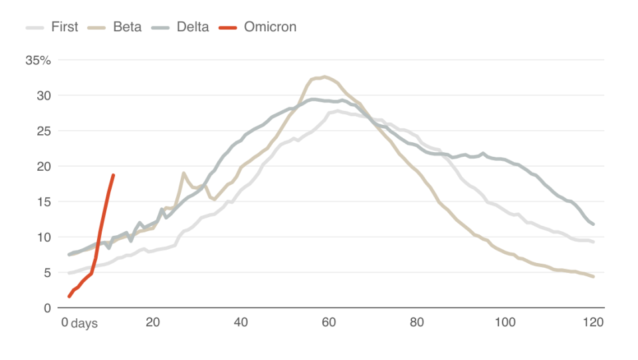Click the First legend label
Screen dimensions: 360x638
click(64, 27)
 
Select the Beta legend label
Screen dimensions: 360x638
click(127, 27)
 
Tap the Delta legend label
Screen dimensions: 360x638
click(193, 27)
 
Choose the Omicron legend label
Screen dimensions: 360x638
click(270, 27)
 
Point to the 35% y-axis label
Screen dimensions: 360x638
click(38, 60)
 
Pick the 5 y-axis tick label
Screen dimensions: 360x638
click(47, 272)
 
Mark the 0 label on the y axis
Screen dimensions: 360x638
click(47, 308)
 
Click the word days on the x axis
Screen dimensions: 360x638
click(84, 323)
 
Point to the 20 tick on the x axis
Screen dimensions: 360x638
click(154, 323)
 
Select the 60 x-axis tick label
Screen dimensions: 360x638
click(329, 323)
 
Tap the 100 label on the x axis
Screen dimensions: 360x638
click(505, 323)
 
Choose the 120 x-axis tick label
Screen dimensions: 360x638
click(593, 323)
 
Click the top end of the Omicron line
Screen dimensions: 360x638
click(114, 175)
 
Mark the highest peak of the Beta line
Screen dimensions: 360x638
click(324, 76)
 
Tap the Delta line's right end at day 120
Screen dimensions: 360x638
click(593, 225)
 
